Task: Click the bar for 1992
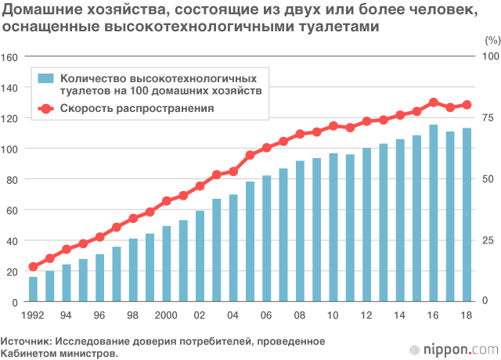tap(33, 290)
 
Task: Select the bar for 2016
tap(434, 214)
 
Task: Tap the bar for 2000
tap(167, 265)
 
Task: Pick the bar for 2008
tap(300, 232)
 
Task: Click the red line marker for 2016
tap(434, 103)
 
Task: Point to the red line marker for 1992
tap(33, 267)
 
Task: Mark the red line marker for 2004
tap(233, 171)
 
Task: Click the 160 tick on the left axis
tap(9, 56)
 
